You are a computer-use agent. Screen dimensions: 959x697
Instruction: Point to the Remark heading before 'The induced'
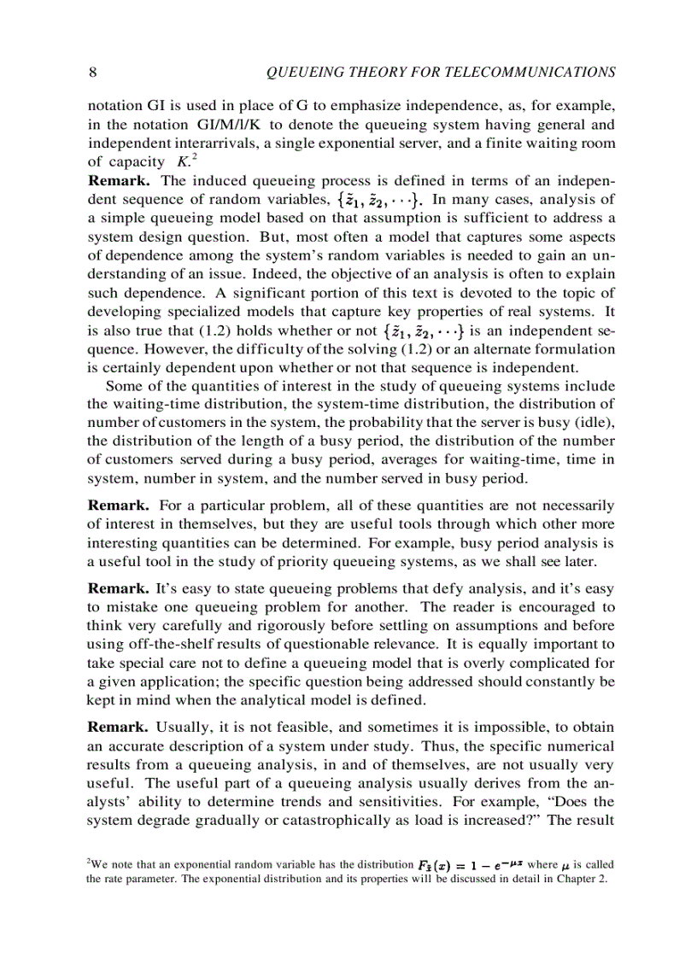click(x=120, y=181)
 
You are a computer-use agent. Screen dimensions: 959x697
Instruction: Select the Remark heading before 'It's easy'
click(x=120, y=589)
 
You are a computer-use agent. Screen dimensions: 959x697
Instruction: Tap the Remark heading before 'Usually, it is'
click(x=120, y=728)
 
